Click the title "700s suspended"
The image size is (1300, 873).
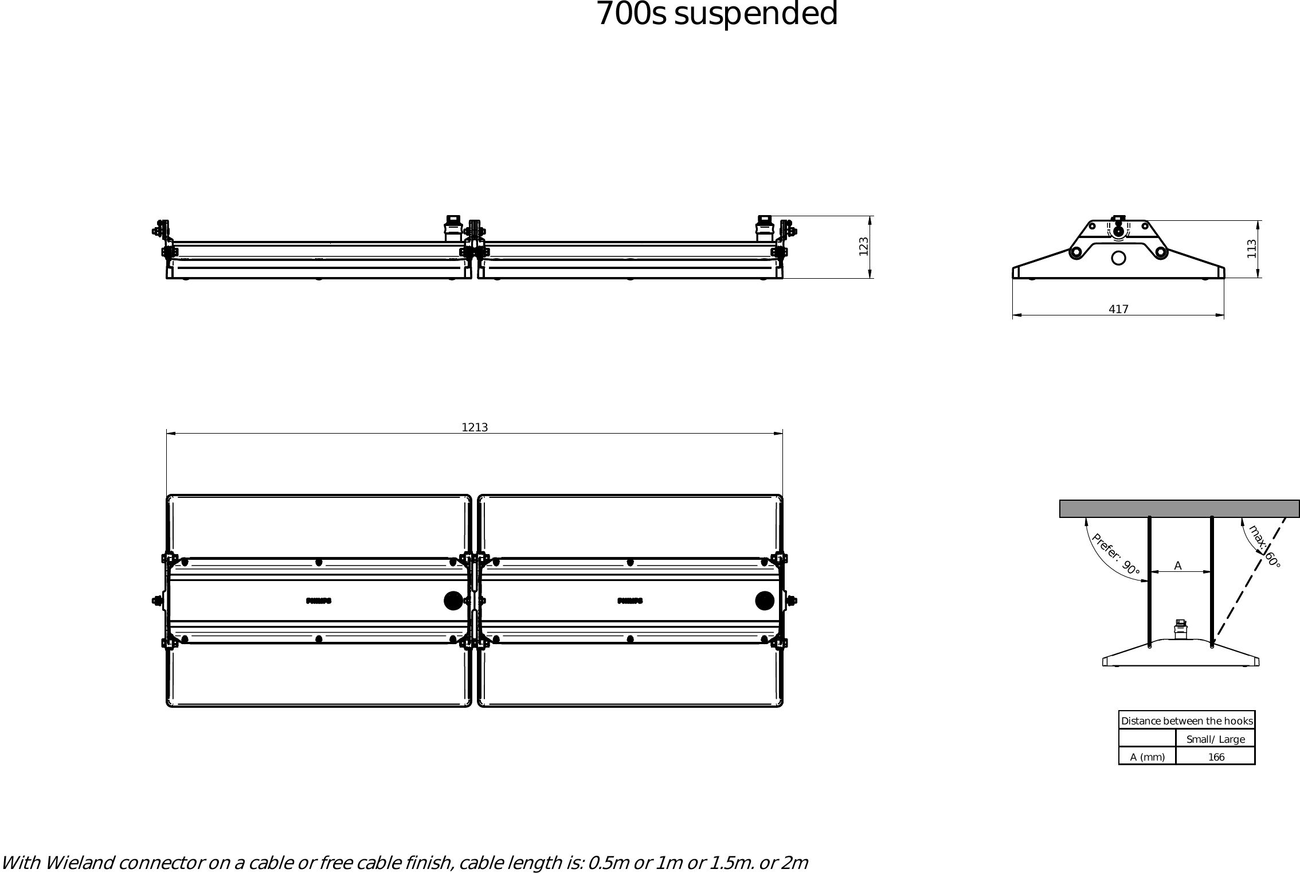click(716, 14)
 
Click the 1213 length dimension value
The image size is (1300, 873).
click(475, 427)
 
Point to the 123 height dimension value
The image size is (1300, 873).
click(864, 247)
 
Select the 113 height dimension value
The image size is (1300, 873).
click(1252, 248)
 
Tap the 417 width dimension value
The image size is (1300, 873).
click(1118, 310)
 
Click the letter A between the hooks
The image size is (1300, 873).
click(1178, 566)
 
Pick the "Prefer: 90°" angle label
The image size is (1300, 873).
click(1115, 555)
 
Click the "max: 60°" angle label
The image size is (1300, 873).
click(1264, 547)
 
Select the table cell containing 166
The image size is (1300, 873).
click(1216, 757)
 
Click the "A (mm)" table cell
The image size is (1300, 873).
click(1147, 757)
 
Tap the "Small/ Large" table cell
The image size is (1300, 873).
click(1216, 739)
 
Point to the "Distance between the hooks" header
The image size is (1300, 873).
click(1187, 721)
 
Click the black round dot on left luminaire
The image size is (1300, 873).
click(453, 601)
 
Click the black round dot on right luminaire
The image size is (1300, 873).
click(765, 601)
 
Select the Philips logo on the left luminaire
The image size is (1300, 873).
click(319, 601)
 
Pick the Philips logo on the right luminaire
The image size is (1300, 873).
click(630, 601)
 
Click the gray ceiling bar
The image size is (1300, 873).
click(1179, 509)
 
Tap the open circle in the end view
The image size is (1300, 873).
click(1118, 258)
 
